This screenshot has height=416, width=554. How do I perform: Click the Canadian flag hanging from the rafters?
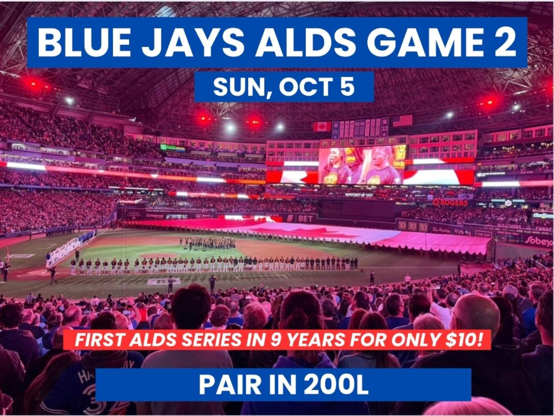[x=322, y=126]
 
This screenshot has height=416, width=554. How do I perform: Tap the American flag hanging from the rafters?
[x=402, y=121]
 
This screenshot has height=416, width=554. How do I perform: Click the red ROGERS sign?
[x=450, y=202]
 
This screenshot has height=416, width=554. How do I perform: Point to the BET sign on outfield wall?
[x=306, y=219]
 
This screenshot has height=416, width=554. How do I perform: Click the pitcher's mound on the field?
[x=159, y=255]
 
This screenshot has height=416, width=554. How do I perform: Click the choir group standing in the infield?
[x=207, y=243]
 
